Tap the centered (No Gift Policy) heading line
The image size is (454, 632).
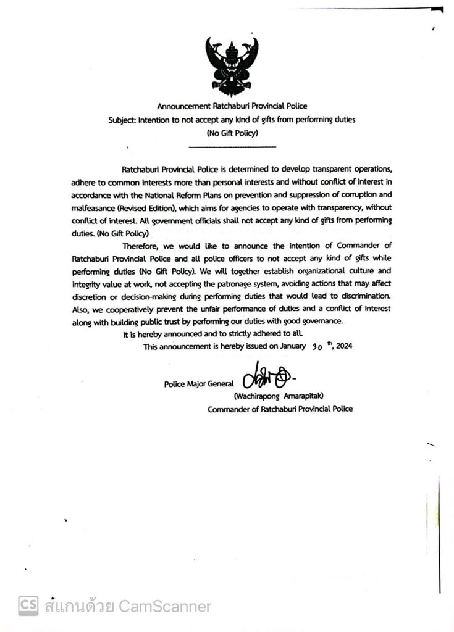(232, 133)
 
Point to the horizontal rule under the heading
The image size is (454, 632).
(232, 146)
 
